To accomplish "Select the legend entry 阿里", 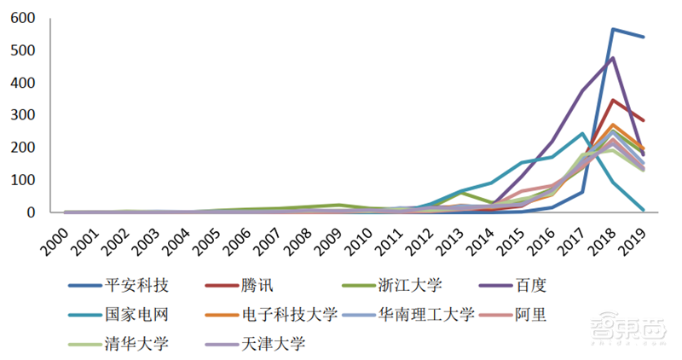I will click(x=530, y=315).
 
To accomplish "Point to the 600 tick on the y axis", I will click(x=23, y=18).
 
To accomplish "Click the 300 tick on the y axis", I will click(x=23, y=115).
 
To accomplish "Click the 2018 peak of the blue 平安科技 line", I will click(x=613, y=29).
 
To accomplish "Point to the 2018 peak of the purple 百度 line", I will click(x=613, y=58).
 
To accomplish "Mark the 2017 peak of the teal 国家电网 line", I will click(x=582, y=133).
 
